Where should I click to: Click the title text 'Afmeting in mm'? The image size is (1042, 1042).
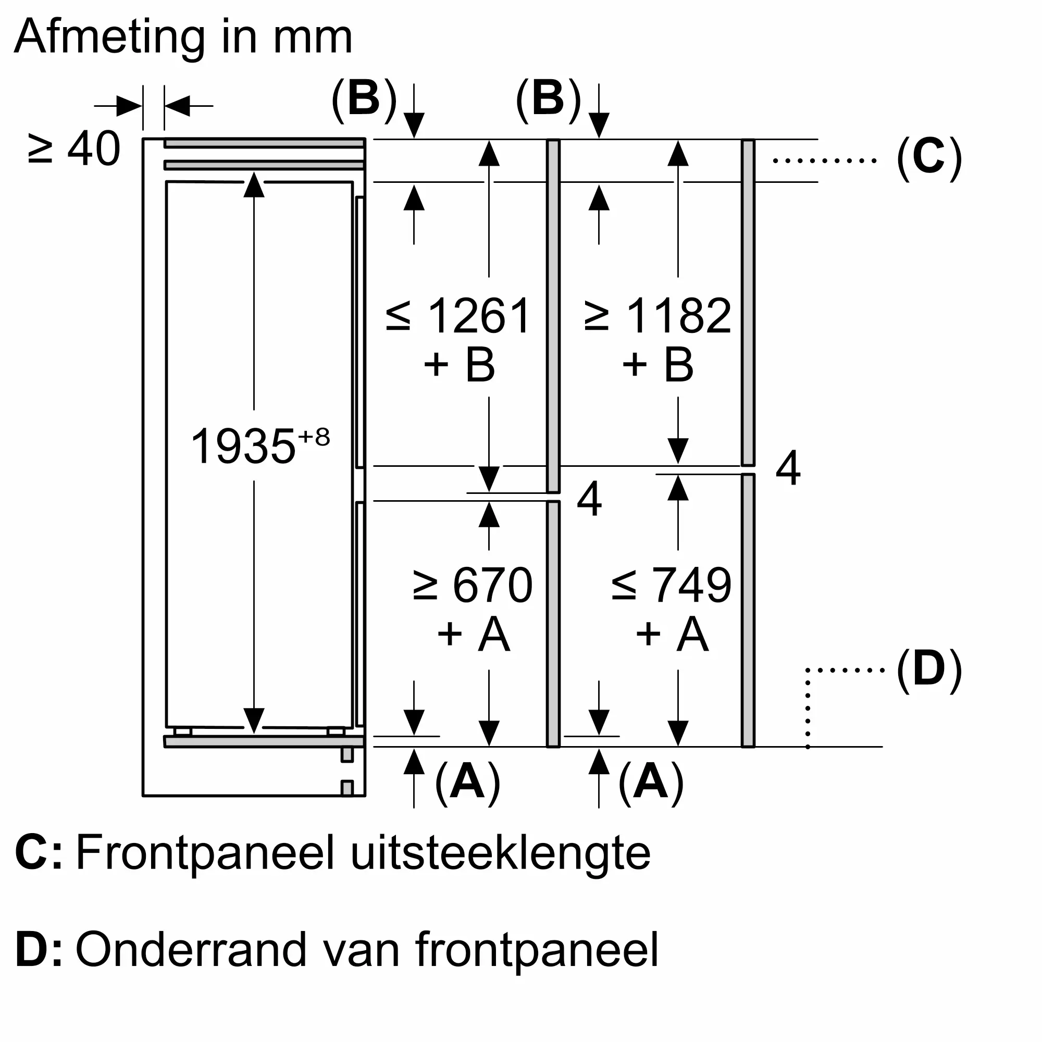(x=183, y=38)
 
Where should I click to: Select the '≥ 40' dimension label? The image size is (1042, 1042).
(x=73, y=149)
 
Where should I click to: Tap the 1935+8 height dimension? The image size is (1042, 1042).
(x=260, y=445)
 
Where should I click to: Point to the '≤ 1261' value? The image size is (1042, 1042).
(x=459, y=316)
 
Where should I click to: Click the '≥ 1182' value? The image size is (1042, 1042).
(x=658, y=316)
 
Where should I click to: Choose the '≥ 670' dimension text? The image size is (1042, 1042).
(x=473, y=585)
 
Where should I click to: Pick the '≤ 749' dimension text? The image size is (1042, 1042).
(x=672, y=585)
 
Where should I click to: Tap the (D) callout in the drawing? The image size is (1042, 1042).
(x=929, y=670)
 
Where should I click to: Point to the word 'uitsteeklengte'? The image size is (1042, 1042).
(x=501, y=854)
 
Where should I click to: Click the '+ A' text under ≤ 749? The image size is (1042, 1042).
(x=672, y=634)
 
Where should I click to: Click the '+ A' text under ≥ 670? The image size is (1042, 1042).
(x=474, y=634)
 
